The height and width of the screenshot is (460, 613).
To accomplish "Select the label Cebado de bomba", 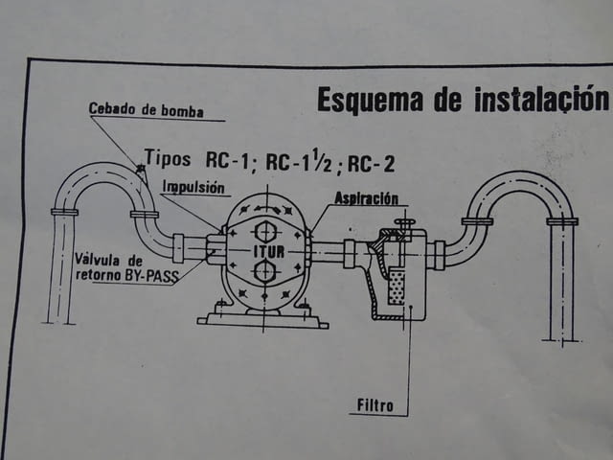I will point(147,109).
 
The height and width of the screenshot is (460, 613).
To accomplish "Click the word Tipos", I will point(170,158).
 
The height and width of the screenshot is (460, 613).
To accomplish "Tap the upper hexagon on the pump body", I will point(265,232).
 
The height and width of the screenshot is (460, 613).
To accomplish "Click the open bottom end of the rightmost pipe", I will point(562,337).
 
